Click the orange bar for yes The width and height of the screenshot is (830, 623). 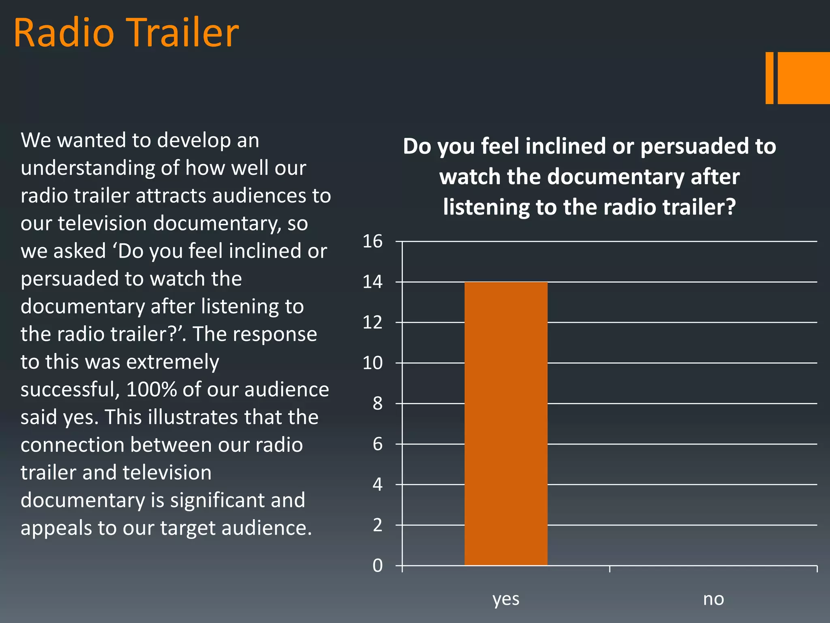tap(506, 423)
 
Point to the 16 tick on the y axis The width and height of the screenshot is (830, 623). tap(372, 241)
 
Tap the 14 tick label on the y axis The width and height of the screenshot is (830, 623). tap(372, 282)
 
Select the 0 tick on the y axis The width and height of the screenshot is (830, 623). tap(377, 565)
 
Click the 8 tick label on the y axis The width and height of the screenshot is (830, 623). tap(377, 404)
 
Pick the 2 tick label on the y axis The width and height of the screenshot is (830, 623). tap(377, 525)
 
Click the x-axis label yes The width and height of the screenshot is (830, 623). tap(506, 599)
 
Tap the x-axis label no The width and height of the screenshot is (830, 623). tap(713, 599)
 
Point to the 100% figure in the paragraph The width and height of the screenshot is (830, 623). tap(152, 389)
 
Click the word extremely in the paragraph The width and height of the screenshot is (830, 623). tap(168, 362)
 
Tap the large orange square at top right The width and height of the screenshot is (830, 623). tap(804, 78)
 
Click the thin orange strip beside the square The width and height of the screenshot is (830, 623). tap(769, 78)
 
